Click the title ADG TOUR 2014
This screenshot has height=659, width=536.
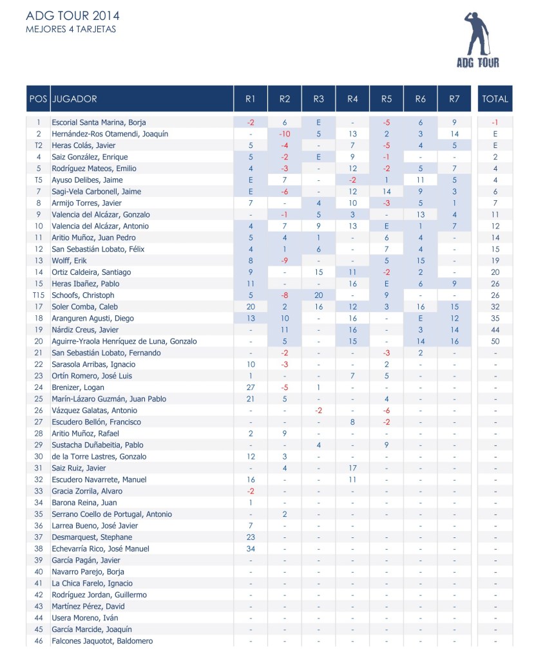tap(73, 16)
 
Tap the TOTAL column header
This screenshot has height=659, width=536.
tap(495, 99)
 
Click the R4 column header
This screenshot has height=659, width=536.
tap(352, 99)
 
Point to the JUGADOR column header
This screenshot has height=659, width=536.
tap(75, 99)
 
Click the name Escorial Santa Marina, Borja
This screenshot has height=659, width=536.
tap(99, 122)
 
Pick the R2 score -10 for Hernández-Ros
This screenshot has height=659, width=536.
tap(284, 134)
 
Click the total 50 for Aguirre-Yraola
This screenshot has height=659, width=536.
tap(495, 341)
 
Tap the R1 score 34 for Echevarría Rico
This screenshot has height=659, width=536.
tap(251, 549)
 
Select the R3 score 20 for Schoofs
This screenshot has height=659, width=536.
tap(318, 295)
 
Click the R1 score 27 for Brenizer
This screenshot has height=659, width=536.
tap(251, 387)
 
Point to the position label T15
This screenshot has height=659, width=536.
tap(38, 295)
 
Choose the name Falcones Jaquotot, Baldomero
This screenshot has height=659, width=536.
tap(102, 641)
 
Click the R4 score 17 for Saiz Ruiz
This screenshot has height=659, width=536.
tap(352, 468)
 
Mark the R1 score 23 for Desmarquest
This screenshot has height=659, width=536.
tap(251, 537)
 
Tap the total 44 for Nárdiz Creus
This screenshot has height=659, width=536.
tap(495, 329)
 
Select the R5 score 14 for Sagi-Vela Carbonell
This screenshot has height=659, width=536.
tap(387, 192)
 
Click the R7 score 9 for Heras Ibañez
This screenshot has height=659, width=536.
tap(454, 284)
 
